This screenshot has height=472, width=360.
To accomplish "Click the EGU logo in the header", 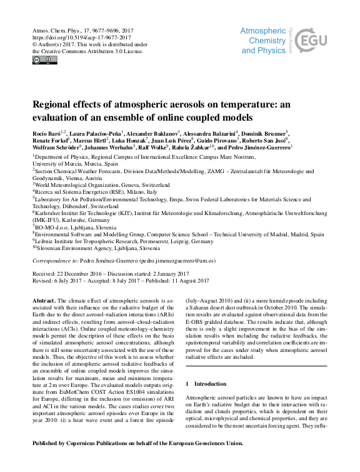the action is coord(310,42).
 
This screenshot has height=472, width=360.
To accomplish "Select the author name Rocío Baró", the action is coord(46,133).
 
